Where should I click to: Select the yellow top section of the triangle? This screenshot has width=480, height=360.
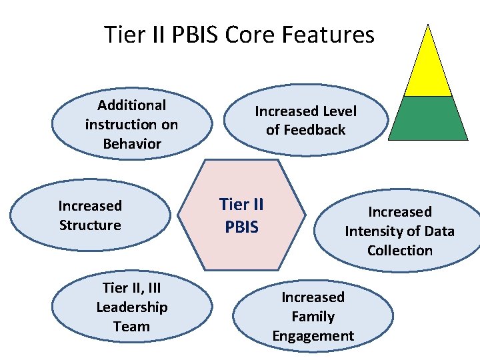pos(429,67)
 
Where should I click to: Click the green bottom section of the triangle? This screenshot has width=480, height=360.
pos(429,119)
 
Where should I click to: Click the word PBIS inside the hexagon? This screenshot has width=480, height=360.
pos(241,227)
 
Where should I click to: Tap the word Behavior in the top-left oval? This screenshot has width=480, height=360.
pos(132,143)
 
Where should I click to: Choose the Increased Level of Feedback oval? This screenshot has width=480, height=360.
pos(306,121)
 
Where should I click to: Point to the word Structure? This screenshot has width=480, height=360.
pos(90,225)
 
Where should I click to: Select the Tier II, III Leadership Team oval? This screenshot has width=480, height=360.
pos(132,307)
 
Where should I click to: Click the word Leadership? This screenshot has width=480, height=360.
pos(132,307)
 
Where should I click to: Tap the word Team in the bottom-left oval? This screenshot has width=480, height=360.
pos(132,327)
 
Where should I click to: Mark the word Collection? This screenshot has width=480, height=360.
pos(400,251)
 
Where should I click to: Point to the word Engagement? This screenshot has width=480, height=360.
pos(313,336)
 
